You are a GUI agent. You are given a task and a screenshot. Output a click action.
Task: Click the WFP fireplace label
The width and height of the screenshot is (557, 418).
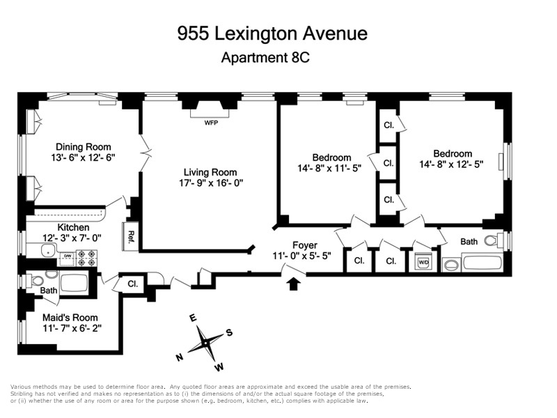211,123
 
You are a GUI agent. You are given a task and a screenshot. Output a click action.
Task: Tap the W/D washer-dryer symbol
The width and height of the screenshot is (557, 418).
423,263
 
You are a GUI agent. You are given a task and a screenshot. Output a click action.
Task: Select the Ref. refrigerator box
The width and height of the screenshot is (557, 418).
130,236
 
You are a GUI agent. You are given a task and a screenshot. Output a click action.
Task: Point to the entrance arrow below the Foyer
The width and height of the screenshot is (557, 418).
293,284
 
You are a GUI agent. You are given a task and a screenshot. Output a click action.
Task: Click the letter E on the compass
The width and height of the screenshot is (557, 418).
193,318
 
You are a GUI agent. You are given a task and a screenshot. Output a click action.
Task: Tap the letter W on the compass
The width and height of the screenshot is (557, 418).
219,367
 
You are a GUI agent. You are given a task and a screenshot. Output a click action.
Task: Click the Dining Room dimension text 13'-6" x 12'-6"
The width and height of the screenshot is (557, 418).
83,157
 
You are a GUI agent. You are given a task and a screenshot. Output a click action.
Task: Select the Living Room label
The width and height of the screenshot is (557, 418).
210,172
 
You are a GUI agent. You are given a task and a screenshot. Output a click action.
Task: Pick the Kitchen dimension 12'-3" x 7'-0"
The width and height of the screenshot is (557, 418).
72,238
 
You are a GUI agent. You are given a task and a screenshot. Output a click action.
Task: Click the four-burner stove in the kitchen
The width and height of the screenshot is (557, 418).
86,258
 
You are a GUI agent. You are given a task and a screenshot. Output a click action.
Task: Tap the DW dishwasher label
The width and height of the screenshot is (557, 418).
67,255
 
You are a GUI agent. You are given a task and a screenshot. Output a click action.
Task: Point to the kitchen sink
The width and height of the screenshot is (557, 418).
47,251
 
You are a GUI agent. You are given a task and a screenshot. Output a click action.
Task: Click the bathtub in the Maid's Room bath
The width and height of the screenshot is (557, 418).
74,284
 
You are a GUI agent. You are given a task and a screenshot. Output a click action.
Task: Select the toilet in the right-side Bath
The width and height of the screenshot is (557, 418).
494,240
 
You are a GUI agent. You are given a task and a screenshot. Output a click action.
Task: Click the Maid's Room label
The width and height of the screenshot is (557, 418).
70,318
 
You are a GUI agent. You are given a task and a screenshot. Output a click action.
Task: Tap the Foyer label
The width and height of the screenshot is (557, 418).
305,245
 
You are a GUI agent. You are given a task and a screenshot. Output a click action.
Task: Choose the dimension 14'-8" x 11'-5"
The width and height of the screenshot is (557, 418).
329,168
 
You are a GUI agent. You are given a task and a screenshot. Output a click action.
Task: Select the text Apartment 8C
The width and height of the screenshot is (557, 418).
265,57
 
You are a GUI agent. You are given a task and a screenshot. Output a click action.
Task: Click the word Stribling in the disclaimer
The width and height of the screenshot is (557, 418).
22,394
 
